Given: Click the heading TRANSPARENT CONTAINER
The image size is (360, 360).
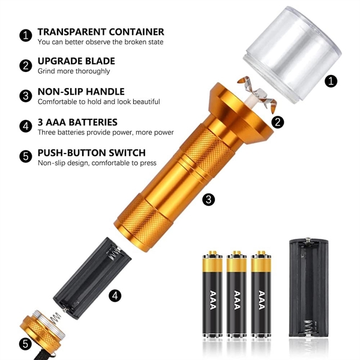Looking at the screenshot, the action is click(x=101, y=32).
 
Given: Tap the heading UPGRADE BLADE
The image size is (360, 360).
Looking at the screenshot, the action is click(x=76, y=61).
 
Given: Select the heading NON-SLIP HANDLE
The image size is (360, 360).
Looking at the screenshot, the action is click(x=81, y=92).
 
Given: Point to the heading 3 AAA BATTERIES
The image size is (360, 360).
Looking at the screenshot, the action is click(x=77, y=122).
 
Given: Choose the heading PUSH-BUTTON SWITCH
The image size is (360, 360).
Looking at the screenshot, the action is click(x=92, y=152).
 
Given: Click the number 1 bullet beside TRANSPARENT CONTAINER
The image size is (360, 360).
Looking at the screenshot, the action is click(x=26, y=35).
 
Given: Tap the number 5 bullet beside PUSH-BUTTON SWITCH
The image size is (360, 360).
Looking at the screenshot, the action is click(x=26, y=157).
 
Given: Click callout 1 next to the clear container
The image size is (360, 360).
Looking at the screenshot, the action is click(x=331, y=81).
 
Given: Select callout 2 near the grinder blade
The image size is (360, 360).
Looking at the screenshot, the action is click(x=278, y=122).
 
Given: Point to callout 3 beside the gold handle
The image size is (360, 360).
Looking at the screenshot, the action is click(x=208, y=199).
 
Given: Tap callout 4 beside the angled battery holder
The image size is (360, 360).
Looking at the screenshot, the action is click(x=115, y=295).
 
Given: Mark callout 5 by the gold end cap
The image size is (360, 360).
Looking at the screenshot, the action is click(x=25, y=344).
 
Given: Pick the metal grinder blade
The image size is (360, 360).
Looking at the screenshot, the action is click(x=257, y=94).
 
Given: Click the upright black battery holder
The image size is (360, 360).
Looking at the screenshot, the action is click(x=308, y=291).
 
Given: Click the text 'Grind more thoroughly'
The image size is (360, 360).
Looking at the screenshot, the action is click(x=74, y=71).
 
